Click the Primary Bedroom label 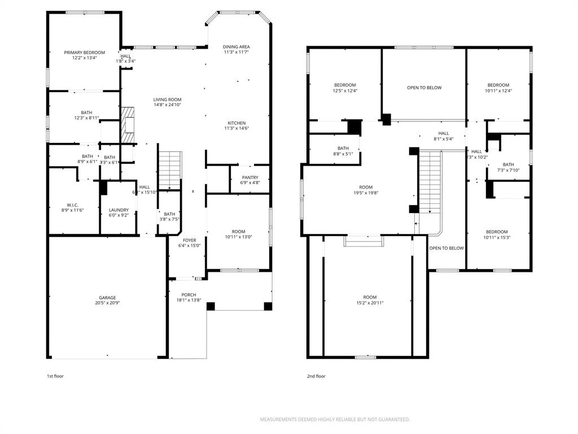coord(84,53)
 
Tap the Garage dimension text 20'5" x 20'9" coord(107,303)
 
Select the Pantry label coord(250,177)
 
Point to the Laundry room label coord(119,210)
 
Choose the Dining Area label coord(236,47)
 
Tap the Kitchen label coord(237,123)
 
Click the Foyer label coord(189,240)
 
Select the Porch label coord(189,295)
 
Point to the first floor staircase coord(169,170)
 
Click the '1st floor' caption coord(55,376)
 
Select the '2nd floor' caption coord(316,376)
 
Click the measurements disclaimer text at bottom coord(335,419)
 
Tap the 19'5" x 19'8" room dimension coord(366,193)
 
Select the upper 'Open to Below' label coord(424,88)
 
